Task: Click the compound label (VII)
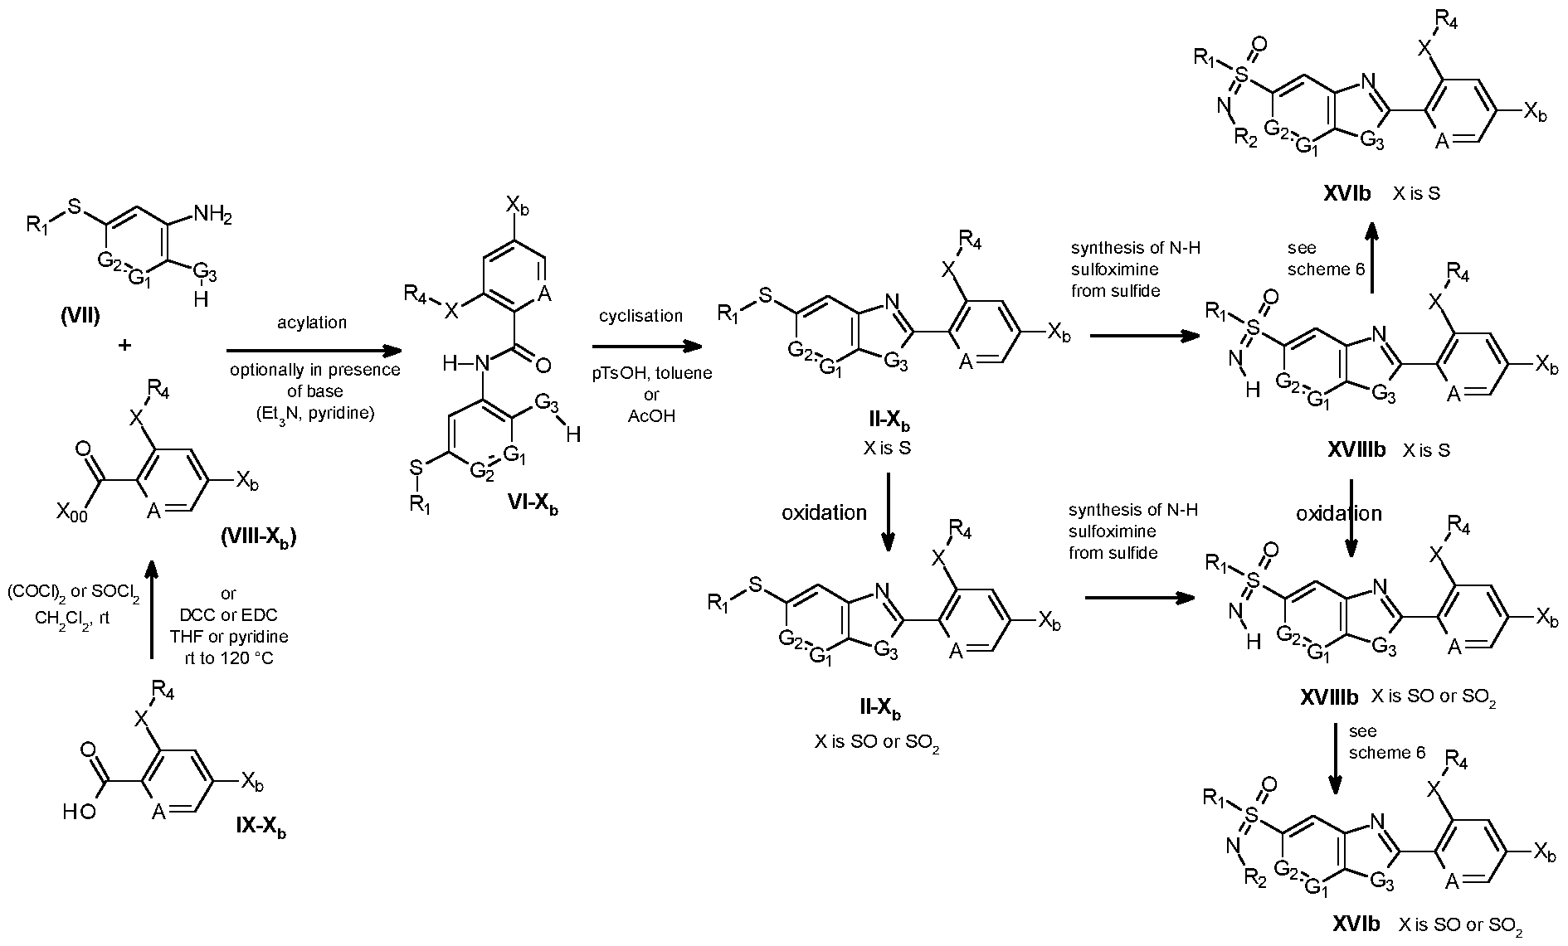(80, 317)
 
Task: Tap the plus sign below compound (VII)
(124, 346)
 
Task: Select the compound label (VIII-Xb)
(258, 537)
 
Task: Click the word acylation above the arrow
(312, 323)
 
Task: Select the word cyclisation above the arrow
(640, 316)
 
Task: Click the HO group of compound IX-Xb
(80, 813)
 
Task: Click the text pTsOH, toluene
(651, 373)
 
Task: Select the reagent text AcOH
(651, 416)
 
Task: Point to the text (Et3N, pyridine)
(314, 413)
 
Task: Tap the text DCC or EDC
(228, 614)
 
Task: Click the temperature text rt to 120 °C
(228, 659)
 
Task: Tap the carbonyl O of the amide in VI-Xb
(544, 362)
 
